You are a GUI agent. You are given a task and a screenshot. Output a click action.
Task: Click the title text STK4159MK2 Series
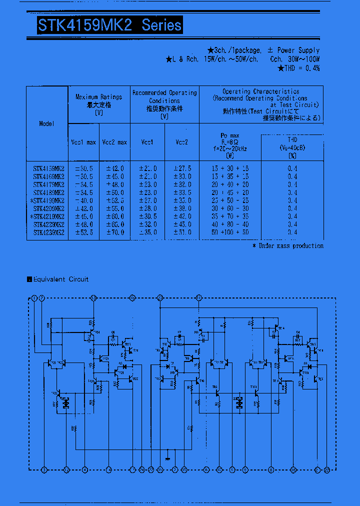tap(109, 25)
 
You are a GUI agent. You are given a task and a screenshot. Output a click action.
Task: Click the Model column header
tap(47, 123)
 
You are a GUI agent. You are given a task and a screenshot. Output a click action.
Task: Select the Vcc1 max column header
tap(83, 142)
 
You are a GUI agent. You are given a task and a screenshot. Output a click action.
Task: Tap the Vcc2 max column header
tap(114, 142)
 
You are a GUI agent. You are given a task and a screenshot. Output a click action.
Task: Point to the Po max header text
tap(230, 136)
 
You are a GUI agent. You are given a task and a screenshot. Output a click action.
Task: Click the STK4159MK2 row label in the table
tap(48, 169)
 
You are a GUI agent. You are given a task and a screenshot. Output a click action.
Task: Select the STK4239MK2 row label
tap(48, 232)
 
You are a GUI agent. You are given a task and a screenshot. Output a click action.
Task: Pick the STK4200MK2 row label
tap(48, 208)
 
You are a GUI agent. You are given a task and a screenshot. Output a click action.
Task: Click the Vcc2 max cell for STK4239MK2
tap(114, 232)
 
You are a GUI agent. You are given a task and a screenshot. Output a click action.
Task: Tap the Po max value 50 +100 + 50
tap(230, 232)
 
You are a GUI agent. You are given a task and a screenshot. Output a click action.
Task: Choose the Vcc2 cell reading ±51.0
tap(182, 232)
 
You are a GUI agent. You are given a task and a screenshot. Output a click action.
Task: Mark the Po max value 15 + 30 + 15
tap(230, 169)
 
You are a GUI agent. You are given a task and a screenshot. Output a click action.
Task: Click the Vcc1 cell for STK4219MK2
tap(147, 216)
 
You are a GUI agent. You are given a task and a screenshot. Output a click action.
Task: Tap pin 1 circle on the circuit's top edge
tap(34, 298)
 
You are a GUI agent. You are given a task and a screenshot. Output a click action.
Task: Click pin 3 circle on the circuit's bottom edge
tap(44, 470)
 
